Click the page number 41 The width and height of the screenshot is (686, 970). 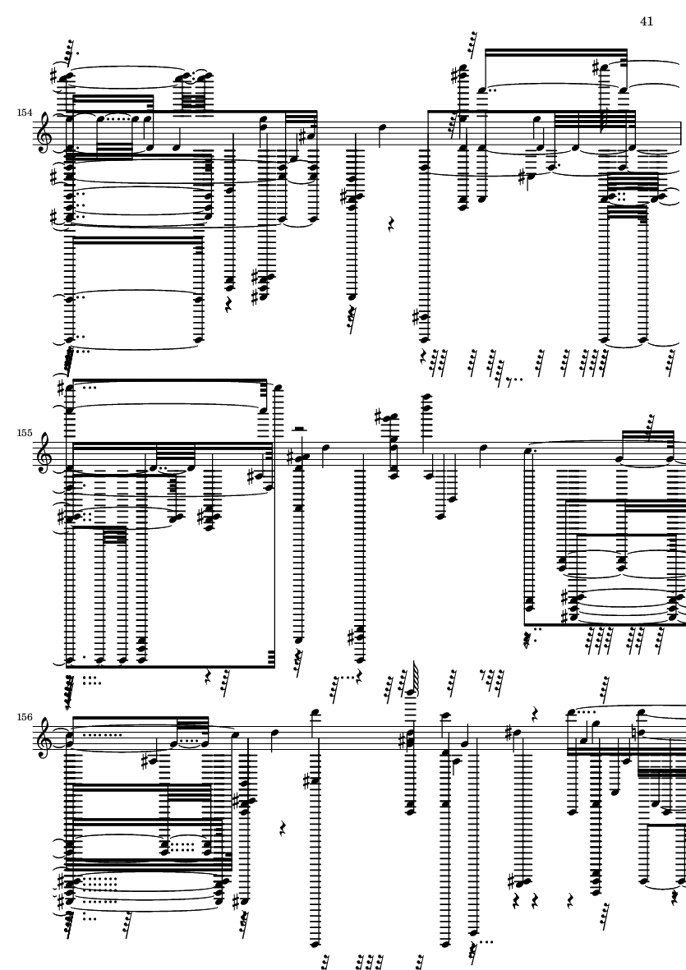tap(647, 21)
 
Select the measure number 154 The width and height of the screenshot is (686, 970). tap(25, 113)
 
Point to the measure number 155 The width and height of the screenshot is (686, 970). tap(25, 433)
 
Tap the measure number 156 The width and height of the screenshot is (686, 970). tap(25, 717)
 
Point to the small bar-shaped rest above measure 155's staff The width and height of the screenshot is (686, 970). tap(298, 428)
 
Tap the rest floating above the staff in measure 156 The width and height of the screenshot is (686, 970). tap(536, 714)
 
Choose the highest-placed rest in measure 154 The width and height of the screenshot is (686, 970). tap(391, 223)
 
